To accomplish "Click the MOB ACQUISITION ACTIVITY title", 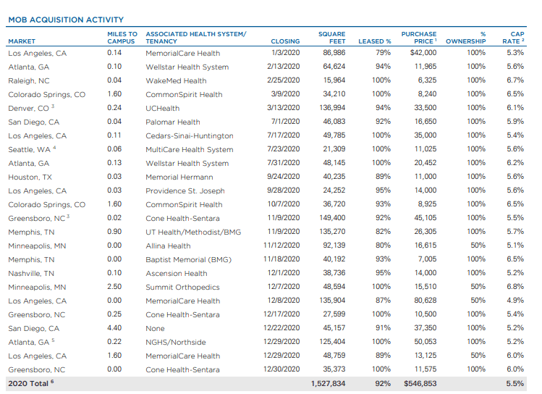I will [66, 20].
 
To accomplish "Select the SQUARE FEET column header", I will [331, 38].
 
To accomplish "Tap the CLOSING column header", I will [285, 41].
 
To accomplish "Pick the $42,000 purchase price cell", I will [423, 53].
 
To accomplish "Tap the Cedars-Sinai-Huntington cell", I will [190, 135].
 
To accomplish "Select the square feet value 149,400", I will [332, 218].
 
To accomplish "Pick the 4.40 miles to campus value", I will [114, 328].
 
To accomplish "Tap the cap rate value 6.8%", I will [515, 287].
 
